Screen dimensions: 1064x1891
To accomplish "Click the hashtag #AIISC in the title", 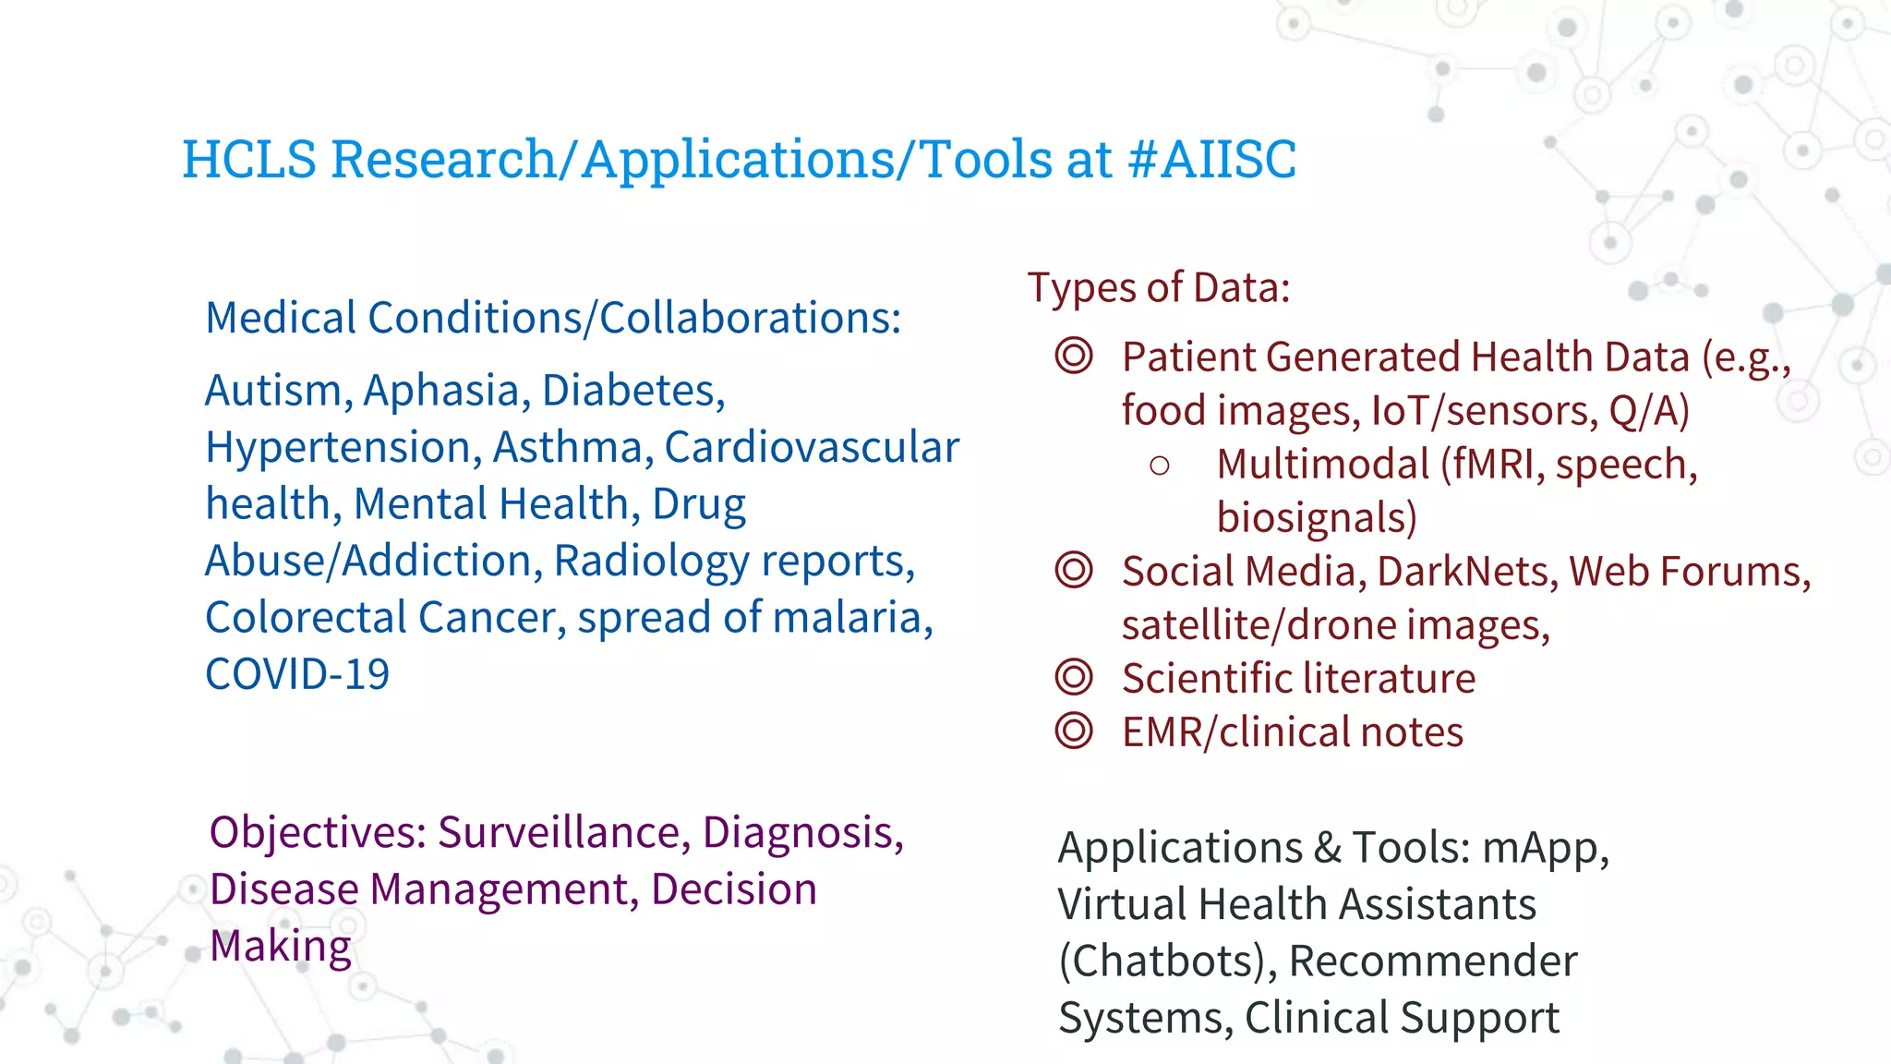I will click(1211, 159).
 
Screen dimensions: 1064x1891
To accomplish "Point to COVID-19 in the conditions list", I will click(297, 674).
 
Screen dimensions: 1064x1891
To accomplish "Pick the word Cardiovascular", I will click(812, 448).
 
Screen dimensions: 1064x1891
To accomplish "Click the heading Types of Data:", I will click(1158, 288).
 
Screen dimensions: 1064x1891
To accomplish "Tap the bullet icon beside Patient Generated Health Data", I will click(1074, 357).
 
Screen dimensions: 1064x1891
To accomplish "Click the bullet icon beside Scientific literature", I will click(1074, 678).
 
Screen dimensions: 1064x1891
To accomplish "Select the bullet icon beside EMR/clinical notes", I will click(1074, 731).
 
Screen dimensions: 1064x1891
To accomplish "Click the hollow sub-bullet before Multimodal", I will click(1160, 465).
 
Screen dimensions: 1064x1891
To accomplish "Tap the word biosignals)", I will click(1316, 518).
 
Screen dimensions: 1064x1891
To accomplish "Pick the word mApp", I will click(1544, 848).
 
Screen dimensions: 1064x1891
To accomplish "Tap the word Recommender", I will click(1432, 961).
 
